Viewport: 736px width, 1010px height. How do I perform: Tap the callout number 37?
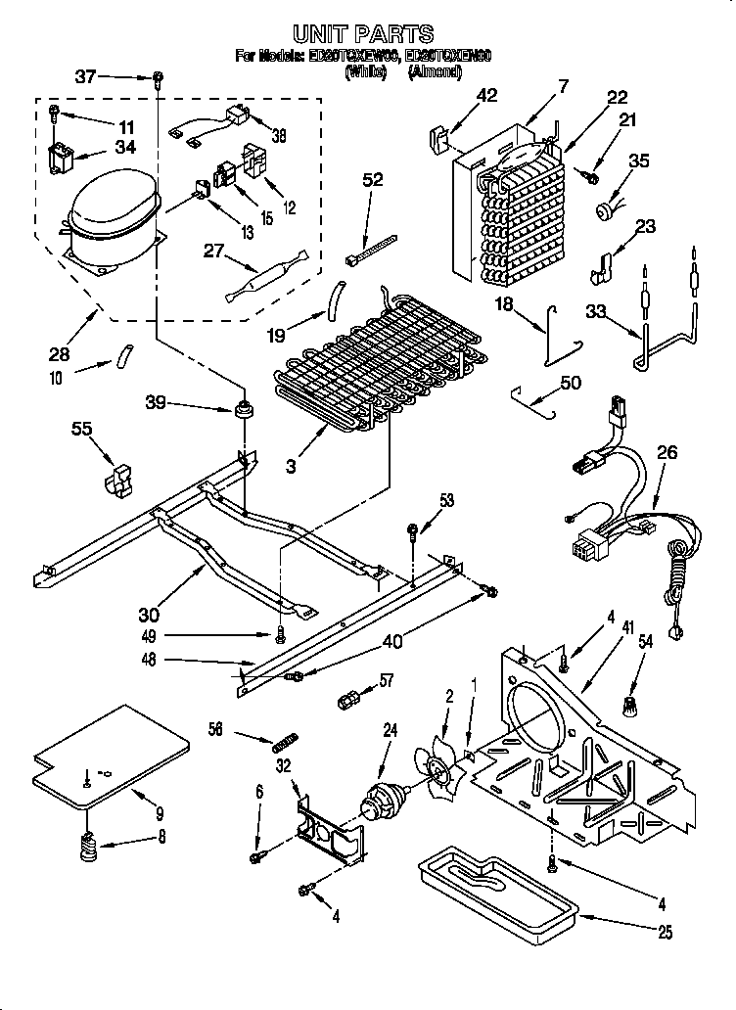86,76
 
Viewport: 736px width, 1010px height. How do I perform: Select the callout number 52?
372,180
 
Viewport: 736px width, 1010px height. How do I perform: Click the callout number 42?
486,95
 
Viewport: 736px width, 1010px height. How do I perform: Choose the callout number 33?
595,310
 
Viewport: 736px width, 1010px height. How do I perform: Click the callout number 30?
150,615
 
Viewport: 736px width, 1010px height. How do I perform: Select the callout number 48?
148,662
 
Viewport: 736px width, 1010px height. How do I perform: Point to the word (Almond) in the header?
434,71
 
